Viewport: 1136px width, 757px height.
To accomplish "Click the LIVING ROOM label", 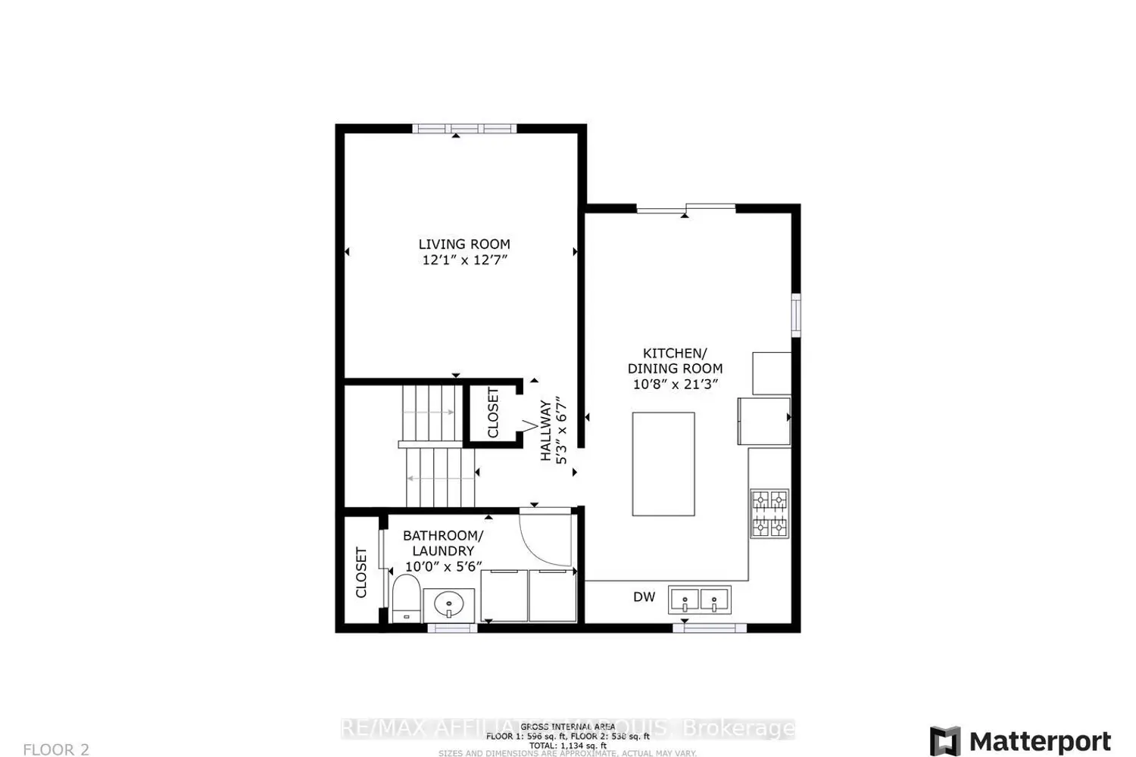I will pyautogui.click(x=464, y=244).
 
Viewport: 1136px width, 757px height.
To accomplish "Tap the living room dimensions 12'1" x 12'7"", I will pyautogui.click(x=464, y=260).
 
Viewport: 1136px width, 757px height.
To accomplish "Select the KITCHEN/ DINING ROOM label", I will pyautogui.click(x=675, y=360).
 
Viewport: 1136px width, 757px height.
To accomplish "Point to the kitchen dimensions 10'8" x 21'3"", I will pyautogui.click(x=675, y=384).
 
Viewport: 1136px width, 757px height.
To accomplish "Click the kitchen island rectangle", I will pyautogui.click(x=663, y=464).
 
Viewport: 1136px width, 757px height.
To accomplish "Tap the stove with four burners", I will pyautogui.click(x=769, y=513).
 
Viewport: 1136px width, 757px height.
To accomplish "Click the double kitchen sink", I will pyautogui.click(x=699, y=600).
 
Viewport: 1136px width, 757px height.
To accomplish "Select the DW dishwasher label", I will pyautogui.click(x=644, y=597).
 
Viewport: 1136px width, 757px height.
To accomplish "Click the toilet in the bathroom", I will pyautogui.click(x=406, y=598).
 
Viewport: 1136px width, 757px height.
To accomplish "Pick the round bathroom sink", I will pyautogui.click(x=449, y=605).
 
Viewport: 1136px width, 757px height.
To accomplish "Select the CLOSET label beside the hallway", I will pyautogui.click(x=493, y=413).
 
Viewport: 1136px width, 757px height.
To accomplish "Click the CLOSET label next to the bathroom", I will pyautogui.click(x=361, y=572).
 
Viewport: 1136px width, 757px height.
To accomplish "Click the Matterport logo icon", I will pyautogui.click(x=945, y=741).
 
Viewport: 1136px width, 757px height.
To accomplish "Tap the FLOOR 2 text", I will pyautogui.click(x=56, y=749).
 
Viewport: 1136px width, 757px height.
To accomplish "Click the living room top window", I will pyautogui.click(x=464, y=129).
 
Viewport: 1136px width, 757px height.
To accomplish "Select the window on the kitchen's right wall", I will pyautogui.click(x=796, y=314).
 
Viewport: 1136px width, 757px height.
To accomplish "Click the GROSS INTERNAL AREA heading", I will pyautogui.click(x=567, y=727).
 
